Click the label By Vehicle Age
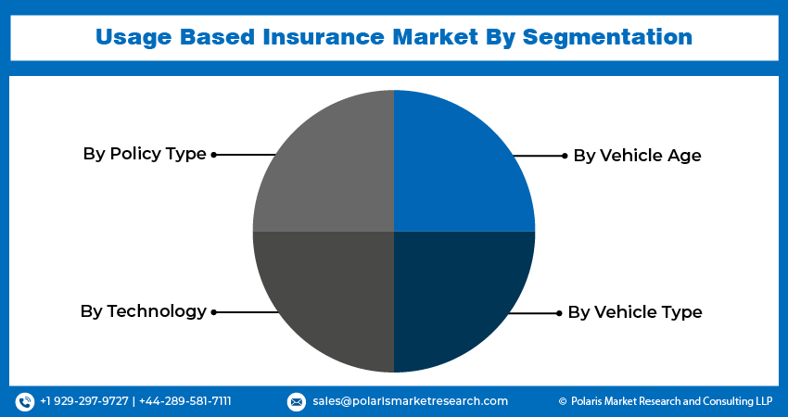[x=637, y=156]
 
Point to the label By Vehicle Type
[x=634, y=312]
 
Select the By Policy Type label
[x=145, y=154]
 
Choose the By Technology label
[x=144, y=311]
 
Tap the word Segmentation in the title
[x=607, y=38]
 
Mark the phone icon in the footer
[x=25, y=401]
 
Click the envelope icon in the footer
[x=297, y=401]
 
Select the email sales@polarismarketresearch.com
[x=410, y=401]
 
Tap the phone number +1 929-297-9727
[x=84, y=401]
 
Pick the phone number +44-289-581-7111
[x=185, y=401]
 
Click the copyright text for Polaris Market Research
[x=666, y=401]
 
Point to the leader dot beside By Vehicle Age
[x=564, y=156]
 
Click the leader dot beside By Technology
[x=214, y=312]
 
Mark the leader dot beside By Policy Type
[x=214, y=155]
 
